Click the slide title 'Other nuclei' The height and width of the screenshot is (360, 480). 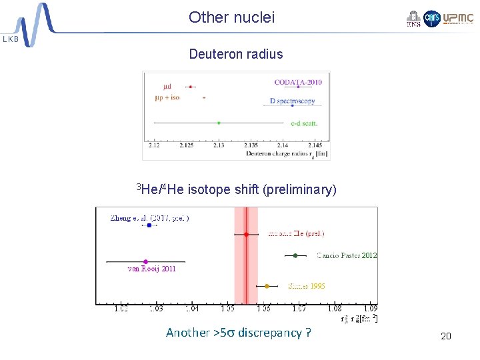coord(231,17)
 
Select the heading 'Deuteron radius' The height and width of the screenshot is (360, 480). coord(236,54)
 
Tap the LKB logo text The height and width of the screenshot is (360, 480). coord(11,39)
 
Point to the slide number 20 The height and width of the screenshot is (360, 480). coord(446,336)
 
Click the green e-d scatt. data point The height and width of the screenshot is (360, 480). coord(219,123)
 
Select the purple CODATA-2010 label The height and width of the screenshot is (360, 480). coord(298,82)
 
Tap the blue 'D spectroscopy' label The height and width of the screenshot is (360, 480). coord(292,101)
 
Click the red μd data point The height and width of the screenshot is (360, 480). coord(191,87)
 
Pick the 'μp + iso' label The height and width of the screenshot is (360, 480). coord(167,97)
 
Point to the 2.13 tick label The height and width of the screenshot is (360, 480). coord(219,145)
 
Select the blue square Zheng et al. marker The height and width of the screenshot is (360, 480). coord(149,225)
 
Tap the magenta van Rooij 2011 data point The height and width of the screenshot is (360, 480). coord(145,261)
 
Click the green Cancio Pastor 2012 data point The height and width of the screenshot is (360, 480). coord(295,255)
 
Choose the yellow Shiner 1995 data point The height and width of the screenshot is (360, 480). coord(267,286)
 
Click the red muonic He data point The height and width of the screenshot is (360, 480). coord(246,234)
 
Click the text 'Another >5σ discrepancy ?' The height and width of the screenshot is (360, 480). coord(238,333)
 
